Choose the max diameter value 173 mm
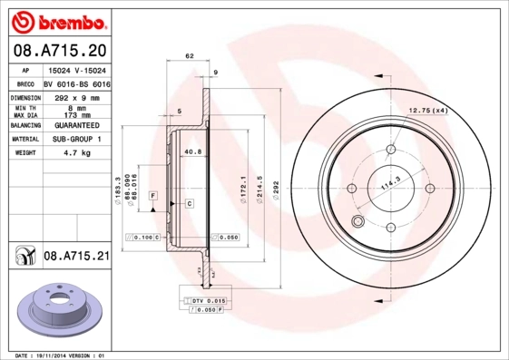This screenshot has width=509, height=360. pyautogui.click(x=73, y=115)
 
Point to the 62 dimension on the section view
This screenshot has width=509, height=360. pyautogui.click(x=190, y=56)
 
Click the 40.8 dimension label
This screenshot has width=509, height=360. pyautogui.click(x=191, y=151)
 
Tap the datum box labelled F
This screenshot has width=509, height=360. pyautogui.click(x=153, y=196)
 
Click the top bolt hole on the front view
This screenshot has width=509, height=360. pyautogui.click(x=391, y=151)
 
